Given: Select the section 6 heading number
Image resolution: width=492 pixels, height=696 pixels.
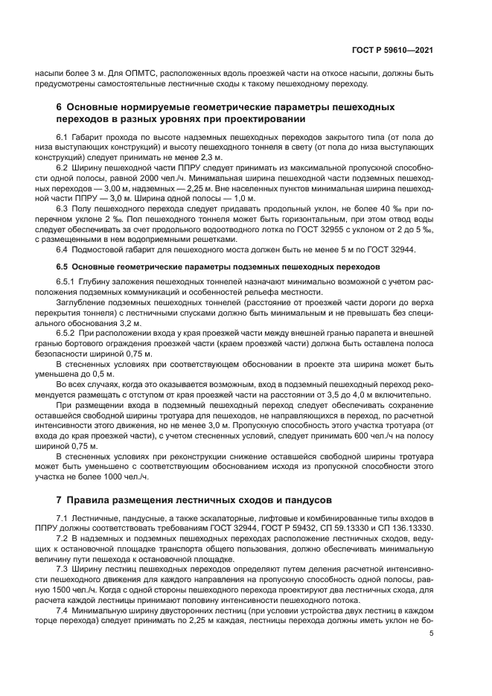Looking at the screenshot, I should [60, 107].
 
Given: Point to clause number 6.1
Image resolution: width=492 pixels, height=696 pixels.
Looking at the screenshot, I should [63, 138].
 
